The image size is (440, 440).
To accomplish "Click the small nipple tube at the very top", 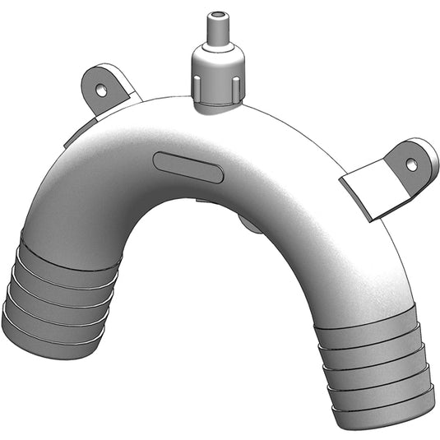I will pyautogui.click(x=217, y=28).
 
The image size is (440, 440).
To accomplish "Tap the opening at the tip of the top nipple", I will pyautogui.click(x=217, y=15).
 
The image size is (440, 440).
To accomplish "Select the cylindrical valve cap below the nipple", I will pyautogui.click(x=216, y=69).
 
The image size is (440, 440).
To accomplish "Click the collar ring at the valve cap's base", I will pyautogui.click(x=219, y=101).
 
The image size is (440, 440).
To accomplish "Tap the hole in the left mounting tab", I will pyautogui.click(x=100, y=86).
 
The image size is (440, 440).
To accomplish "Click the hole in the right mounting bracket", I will pyautogui.click(x=411, y=164).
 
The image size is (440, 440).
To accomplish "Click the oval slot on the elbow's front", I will pyautogui.click(x=188, y=167).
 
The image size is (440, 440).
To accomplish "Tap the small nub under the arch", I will pyautogui.click(x=249, y=223).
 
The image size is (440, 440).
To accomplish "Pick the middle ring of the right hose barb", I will pyautogui.click(x=378, y=366).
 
